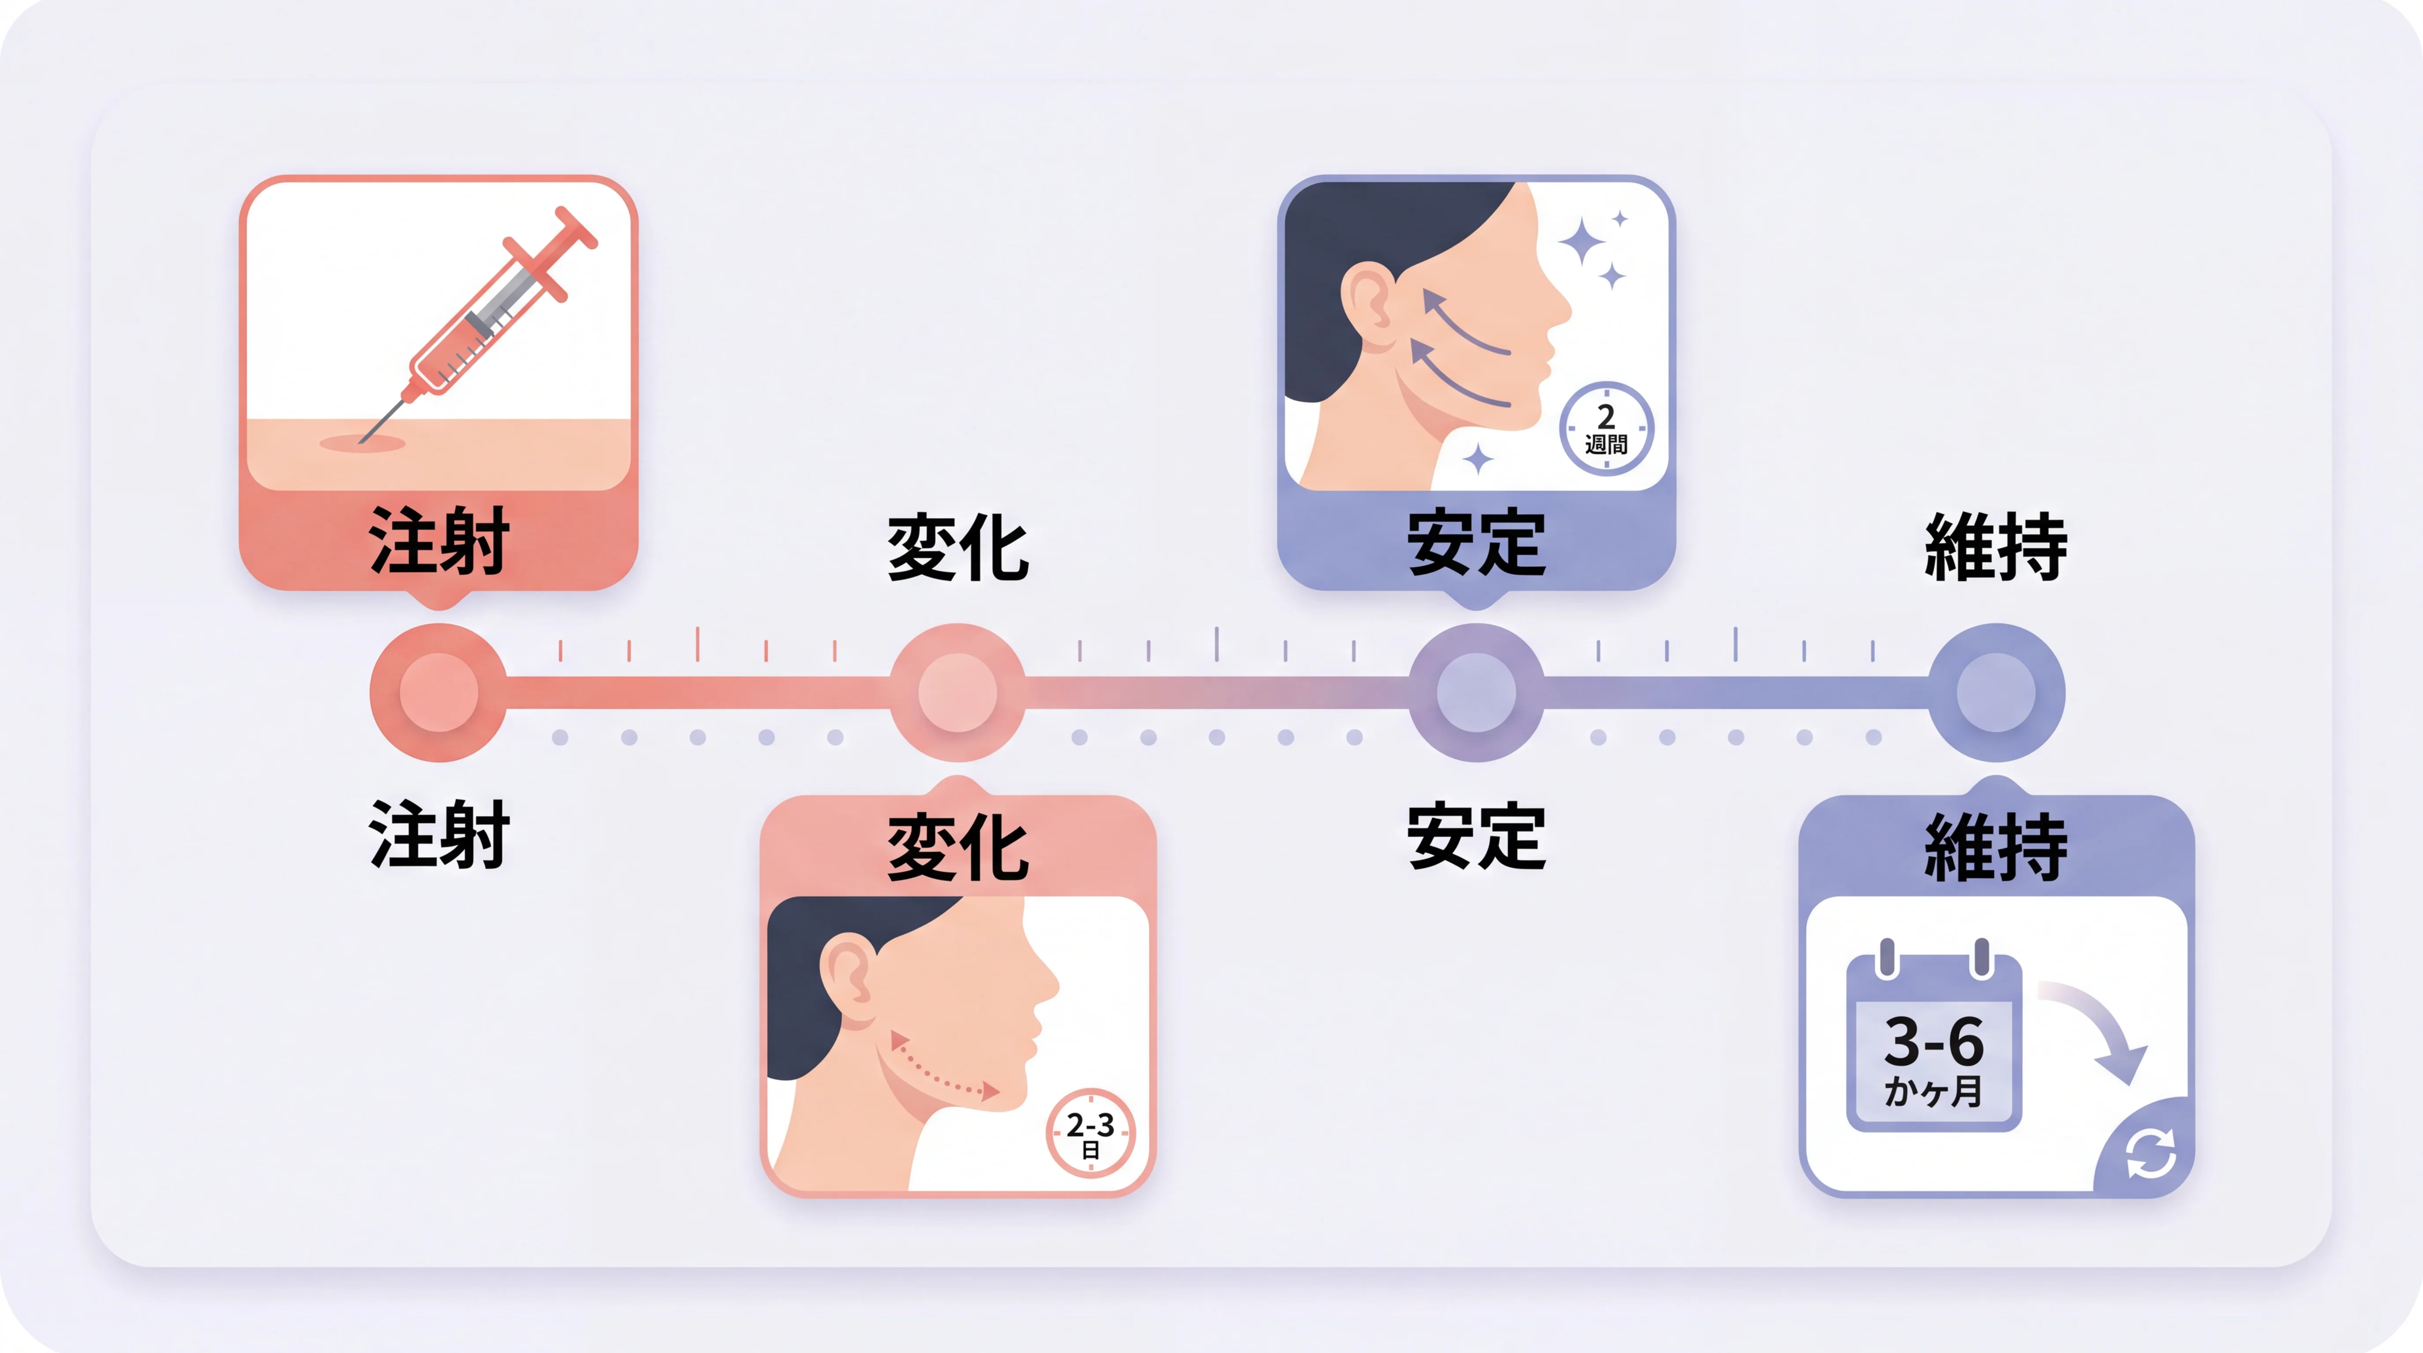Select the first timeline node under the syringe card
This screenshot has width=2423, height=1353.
tap(438, 692)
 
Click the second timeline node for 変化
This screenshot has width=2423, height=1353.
tap(957, 692)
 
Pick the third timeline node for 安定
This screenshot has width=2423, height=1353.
tap(1476, 692)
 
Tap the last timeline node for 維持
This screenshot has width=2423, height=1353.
tap(1996, 692)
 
